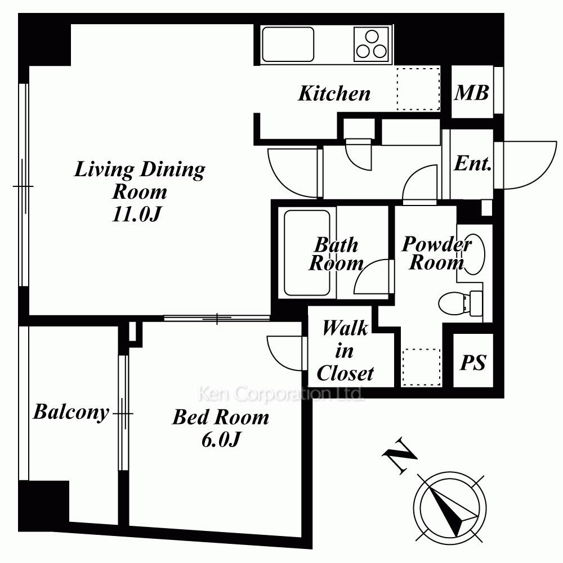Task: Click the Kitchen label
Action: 334,93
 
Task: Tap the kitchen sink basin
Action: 288,44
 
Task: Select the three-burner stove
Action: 371,44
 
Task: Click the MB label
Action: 471,93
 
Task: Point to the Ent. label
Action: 472,163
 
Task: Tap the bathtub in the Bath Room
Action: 307,253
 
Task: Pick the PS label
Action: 473,362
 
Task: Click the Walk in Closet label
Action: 345,350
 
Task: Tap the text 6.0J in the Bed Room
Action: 221,439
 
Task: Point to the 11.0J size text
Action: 136,215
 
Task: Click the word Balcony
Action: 71,412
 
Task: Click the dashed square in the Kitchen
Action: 418,89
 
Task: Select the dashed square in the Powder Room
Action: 422,367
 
